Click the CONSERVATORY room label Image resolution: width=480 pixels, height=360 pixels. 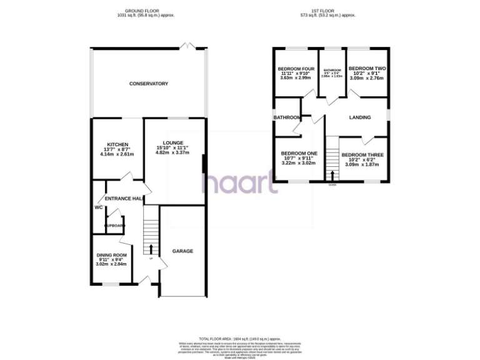(x=149, y=84)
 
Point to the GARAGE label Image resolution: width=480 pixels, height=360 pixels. (x=182, y=251)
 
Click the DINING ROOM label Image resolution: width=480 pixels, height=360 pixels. (x=112, y=255)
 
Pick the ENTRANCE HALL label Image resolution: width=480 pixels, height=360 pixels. (x=123, y=199)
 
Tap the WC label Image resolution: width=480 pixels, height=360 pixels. (x=98, y=207)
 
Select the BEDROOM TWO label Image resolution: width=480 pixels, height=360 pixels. (x=366, y=69)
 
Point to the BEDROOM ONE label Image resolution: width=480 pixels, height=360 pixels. (x=299, y=154)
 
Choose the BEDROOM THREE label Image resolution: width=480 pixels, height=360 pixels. (x=362, y=154)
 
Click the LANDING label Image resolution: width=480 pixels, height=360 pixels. (x=360, y=117)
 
